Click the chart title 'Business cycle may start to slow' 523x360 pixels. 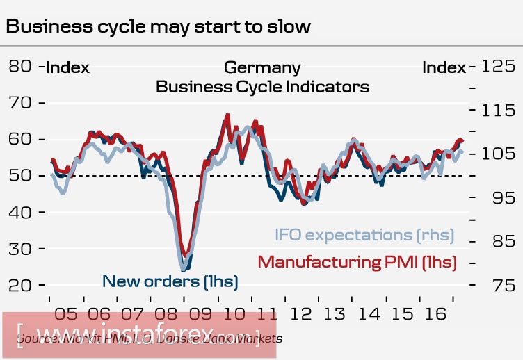coord(159,26)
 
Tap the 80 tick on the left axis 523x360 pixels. coord(22,67)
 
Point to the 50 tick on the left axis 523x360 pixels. coord(22,176)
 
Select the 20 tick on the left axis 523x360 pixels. coord(22,285)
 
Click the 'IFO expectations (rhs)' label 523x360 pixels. coord(364,236)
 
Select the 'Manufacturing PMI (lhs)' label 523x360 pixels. coord(357,262)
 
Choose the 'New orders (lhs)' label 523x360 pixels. coord(170,281)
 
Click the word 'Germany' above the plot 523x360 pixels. coord(262,67)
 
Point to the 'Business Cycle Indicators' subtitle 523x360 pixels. coord(262,87)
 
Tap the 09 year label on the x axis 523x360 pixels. coord(199,313)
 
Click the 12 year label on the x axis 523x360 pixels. coord(301,313)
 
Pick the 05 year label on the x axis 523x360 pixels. coord(63,313)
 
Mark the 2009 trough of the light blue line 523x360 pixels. coord(184,268)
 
